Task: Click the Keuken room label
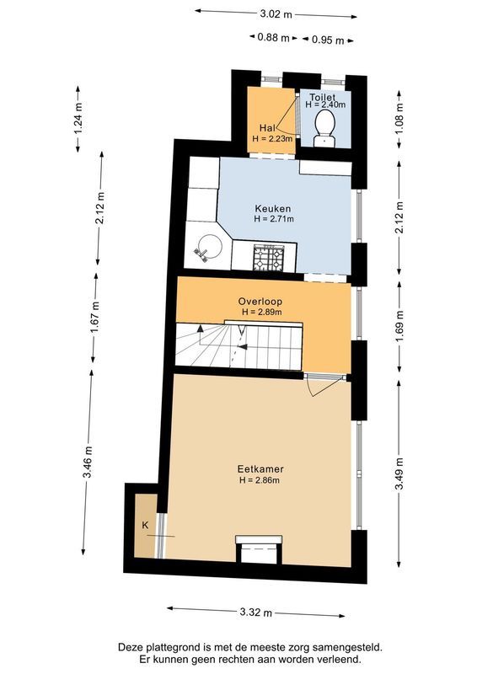(274, 207)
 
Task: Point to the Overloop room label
(260, 301)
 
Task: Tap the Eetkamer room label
(260, 469)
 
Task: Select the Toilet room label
(323, 98)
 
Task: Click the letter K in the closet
(146, 526)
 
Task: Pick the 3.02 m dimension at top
(276, 14)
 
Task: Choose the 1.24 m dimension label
(79, 118)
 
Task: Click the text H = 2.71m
(274, 219)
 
